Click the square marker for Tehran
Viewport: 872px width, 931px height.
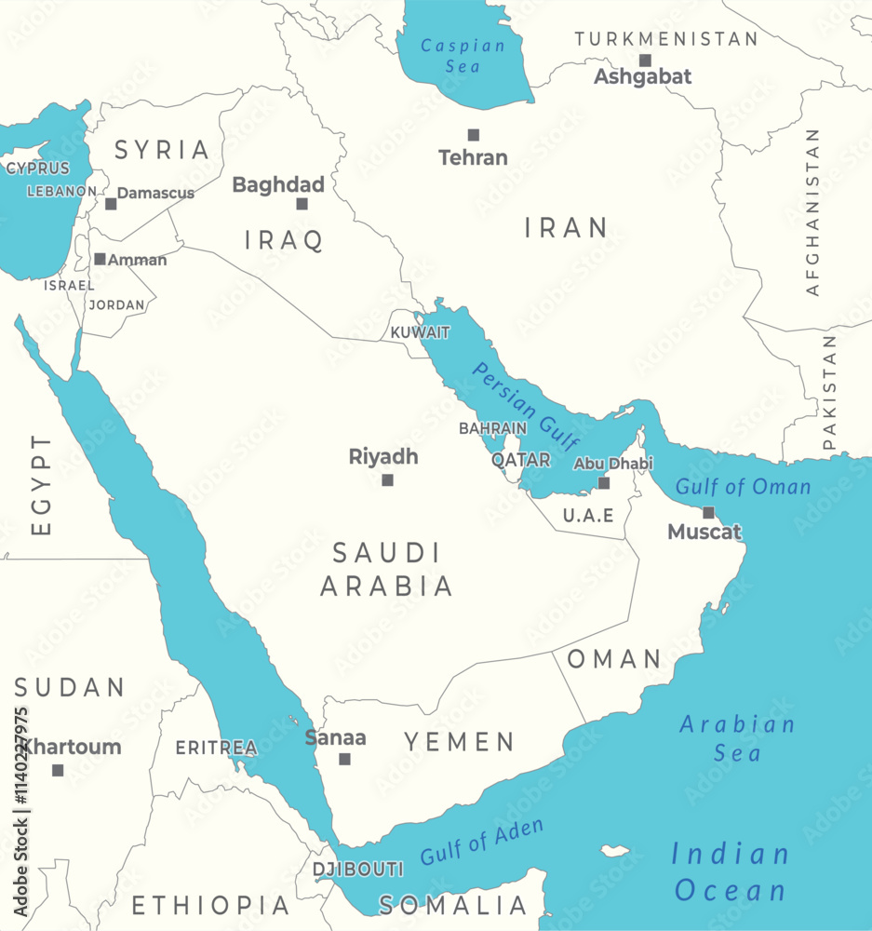click(x=474, y=135)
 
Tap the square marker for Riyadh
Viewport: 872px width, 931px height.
click(x=387, y=480)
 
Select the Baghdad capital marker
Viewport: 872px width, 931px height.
click(x=302, y=204)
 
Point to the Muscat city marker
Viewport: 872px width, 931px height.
click(x=708, y=513)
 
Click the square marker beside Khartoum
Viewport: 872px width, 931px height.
click(x=58, y=770)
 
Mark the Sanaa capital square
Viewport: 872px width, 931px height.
click(x=344, y=759)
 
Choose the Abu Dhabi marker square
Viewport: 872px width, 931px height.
click(x=604, y=482)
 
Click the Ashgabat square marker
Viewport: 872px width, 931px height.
click(x=645, y=61)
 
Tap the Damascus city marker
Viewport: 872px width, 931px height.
click(x=111, y=204)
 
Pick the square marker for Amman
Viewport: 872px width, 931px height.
click(x=100, y=260)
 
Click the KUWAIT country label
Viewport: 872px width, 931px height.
click(x=420, y=332)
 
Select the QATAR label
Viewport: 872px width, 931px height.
click(x=520, y=460)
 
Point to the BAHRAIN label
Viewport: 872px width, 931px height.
click(x=492, y=429)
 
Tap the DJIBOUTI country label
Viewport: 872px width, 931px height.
click(x=358, y=870)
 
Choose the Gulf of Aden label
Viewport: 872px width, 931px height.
click(x=481, y=843)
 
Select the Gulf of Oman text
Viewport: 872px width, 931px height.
click(x=743, y=487)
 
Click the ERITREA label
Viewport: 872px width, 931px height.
click(x=216, y=748)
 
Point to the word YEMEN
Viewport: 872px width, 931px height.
click(x=459, y=742)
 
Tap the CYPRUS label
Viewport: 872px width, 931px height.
click(x=38, y=169)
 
